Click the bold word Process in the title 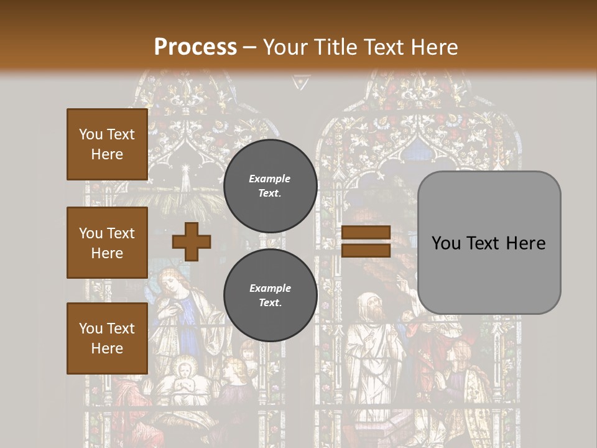pos(195,47)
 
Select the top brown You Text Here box pos(107,144)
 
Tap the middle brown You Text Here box pos(107,243)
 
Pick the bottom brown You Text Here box pos(107,338)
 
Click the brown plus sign pos(192,241)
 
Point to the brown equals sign pos(366,241)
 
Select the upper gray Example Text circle pos(270,185)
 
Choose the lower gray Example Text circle pos(270,296)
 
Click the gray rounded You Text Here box pos(489,243)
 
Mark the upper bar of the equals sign pos(366,233)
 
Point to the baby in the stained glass pos(184,373)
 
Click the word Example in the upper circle pos(270,179)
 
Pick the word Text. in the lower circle pos(270,303)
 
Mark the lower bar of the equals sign pos(366,250)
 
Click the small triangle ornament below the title pos(300,82)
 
